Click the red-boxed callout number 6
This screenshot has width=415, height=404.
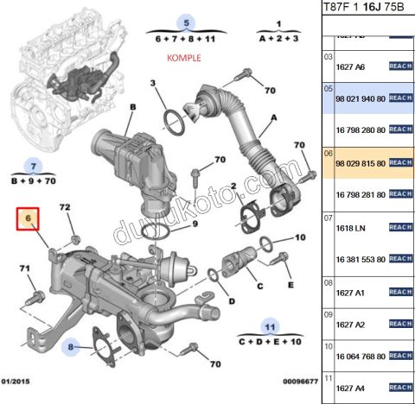(29, 221)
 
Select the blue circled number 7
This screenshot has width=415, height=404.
(32, 165)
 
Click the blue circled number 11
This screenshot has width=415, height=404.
(270, 327)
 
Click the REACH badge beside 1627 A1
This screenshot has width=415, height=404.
(400, 292)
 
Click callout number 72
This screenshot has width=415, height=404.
(65, 209)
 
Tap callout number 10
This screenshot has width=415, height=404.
(300, 236)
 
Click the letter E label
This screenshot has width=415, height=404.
(290, 284)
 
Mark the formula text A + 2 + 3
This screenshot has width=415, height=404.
(278, 40)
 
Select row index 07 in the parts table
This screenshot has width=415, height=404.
(328, 218)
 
